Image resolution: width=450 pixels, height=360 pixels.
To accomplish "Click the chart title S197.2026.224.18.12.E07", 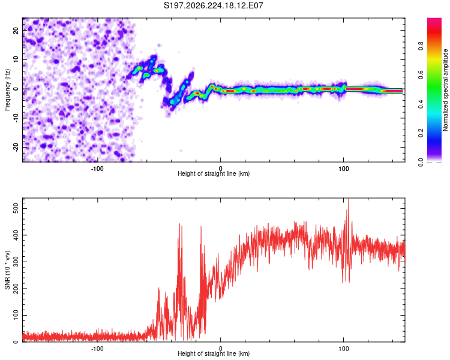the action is click(x=213, y=5).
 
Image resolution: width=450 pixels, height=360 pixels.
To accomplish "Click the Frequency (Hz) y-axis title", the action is click(x=7, y=90).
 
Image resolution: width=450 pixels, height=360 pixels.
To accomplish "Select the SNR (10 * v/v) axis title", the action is click(x=7, y=270).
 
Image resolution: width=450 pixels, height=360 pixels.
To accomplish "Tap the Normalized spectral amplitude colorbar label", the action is click(x=445, y=90).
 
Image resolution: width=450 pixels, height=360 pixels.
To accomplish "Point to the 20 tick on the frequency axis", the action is click(x=16, y=30).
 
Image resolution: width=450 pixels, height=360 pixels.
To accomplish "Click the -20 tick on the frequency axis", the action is click(x=16, y=147).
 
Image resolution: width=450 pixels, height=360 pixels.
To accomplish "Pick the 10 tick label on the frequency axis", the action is click(x=16, y=59).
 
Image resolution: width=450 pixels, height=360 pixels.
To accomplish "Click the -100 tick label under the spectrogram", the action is click(x=97, y=169).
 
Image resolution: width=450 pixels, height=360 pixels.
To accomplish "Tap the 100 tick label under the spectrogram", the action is click(x=344, y=169).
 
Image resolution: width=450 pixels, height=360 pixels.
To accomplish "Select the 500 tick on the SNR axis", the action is click(x=16, y=208).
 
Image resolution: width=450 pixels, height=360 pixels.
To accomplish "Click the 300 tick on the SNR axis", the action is click(x=16, y=262).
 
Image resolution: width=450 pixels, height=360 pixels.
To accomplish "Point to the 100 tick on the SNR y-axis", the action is click(x=16, y=315).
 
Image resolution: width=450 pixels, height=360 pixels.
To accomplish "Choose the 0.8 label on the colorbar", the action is click(x=421, y=46).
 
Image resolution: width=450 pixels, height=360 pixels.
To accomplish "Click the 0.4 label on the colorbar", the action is click(x=421, y=104).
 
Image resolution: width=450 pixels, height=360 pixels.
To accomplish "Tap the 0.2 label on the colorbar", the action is click(x=421, y=133).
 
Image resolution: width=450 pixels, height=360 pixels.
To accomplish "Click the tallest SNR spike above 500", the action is click(x=349, y=200).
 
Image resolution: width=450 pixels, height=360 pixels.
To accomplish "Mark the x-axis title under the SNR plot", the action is click(x=214, y=353).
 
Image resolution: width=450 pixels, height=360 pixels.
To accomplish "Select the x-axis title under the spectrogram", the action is click(x=214, y=173).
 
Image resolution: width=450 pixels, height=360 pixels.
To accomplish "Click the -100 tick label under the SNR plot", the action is click(x=97, y=349).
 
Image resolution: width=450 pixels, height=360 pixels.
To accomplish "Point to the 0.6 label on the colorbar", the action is click(x=421, y=75).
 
